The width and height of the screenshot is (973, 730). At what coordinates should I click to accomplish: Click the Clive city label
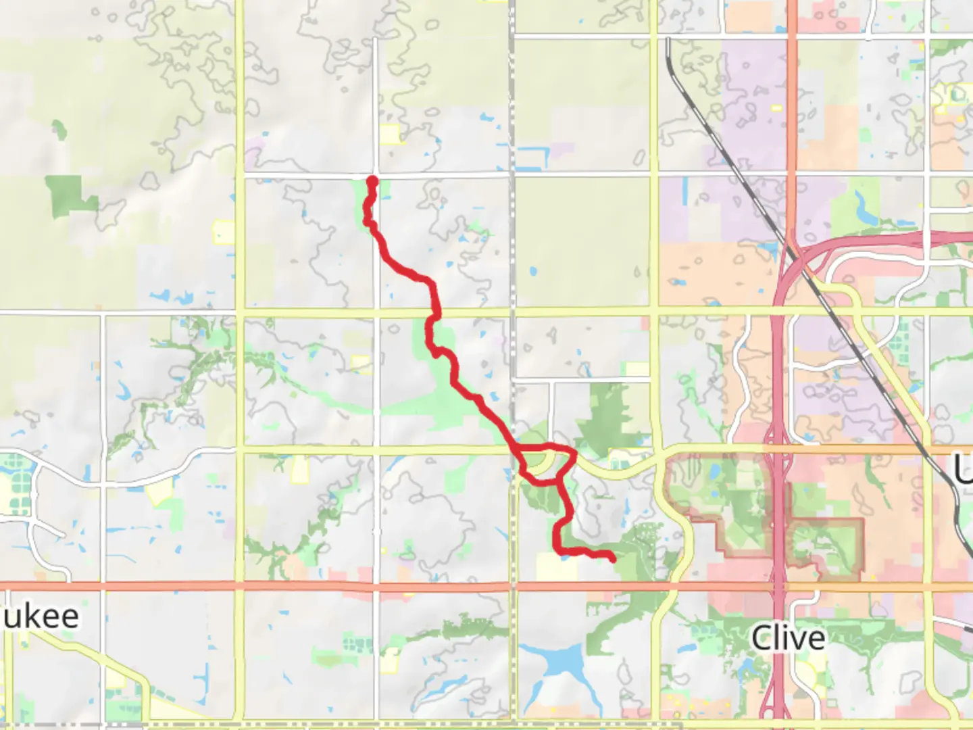pos(788,637)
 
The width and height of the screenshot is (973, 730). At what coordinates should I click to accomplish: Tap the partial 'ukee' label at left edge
pos(41,616)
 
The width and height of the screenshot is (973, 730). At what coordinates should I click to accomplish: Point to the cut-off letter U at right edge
pos(964,469)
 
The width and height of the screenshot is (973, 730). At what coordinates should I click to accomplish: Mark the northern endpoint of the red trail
pos(372,180)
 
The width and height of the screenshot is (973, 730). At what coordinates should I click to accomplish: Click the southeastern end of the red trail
pos(612,558)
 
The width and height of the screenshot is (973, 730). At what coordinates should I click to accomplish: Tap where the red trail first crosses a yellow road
pos(436,312)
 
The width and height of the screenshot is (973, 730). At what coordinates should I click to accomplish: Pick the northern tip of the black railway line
pos(668,41)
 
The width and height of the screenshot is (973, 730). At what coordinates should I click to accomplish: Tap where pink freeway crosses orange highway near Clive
pos(777,587)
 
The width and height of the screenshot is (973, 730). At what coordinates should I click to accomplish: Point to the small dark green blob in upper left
pos(59,129)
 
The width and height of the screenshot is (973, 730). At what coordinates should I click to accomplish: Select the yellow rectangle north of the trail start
pos(390,134)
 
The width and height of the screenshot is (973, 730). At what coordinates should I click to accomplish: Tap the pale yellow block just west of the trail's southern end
pos(557,567)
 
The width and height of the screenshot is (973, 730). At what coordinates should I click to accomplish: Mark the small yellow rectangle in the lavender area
pos(776,108)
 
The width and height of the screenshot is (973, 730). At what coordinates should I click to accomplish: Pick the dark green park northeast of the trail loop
pos(612,412)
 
